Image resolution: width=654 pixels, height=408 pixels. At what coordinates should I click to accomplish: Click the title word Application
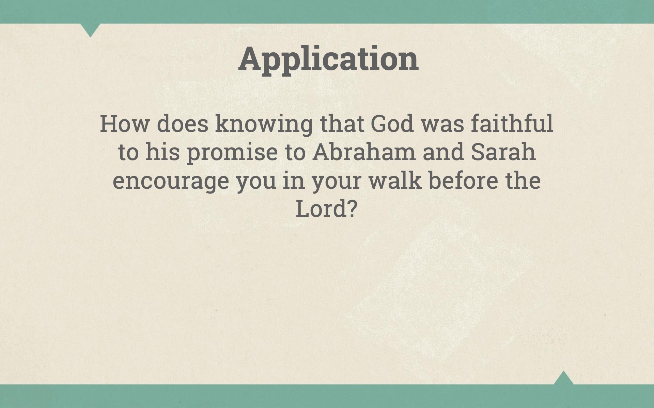click(x=328, y=59)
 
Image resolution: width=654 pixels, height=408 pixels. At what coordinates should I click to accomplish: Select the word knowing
click(x=264, y=124)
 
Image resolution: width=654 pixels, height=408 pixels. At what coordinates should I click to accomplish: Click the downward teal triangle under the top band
click(x=90, y=29)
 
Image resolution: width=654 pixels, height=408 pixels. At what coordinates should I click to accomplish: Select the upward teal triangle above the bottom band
click(x=563, y=378)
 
